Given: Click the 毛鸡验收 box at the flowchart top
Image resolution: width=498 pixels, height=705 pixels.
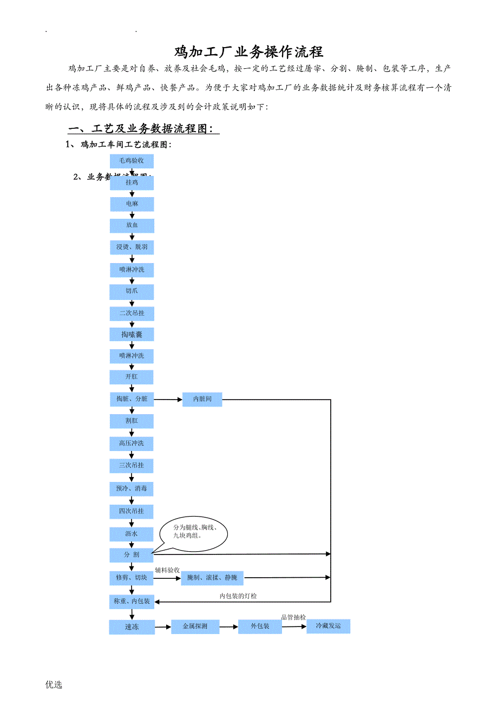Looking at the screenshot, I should tap(132, 161).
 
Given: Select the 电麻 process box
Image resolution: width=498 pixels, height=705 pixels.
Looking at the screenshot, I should tap(132, 204).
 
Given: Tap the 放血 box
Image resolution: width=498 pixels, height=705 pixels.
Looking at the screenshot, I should tap(132, 225).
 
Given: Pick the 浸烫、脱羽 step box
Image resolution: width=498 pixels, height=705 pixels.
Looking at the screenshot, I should tap(132, 247).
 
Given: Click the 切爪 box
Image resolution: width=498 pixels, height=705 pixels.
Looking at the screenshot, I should tap(132, 291).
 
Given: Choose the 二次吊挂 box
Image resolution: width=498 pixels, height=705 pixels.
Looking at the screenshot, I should tap(132, 314).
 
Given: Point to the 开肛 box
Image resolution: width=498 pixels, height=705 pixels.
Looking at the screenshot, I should tap(132, 377).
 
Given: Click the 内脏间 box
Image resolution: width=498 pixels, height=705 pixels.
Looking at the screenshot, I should tap(202, 400).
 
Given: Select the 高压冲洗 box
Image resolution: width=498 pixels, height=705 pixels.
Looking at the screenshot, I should tap(132, 443).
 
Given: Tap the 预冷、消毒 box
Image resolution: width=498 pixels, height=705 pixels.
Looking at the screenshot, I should tap(132, 488).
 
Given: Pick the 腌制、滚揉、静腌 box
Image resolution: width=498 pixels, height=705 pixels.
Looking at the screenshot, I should tap(212, 578).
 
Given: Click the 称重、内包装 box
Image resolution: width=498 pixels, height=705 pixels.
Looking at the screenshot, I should tap(132, 601).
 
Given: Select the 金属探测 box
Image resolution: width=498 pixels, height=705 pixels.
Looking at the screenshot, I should tap(194, 626).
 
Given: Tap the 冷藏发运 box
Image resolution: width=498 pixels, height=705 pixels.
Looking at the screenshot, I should tap(328, 626).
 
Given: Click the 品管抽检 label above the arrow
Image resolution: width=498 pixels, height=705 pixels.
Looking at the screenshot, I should tap(293, 617).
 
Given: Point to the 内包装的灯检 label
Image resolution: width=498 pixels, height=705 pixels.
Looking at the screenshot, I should tap(238, 596).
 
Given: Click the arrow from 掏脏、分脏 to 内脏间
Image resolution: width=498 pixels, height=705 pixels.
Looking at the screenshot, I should tap(168, 400).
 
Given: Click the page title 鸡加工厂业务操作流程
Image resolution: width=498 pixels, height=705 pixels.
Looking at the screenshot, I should tap(248, 52).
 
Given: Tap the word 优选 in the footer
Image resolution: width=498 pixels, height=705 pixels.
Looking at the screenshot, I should tap(54, 684).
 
